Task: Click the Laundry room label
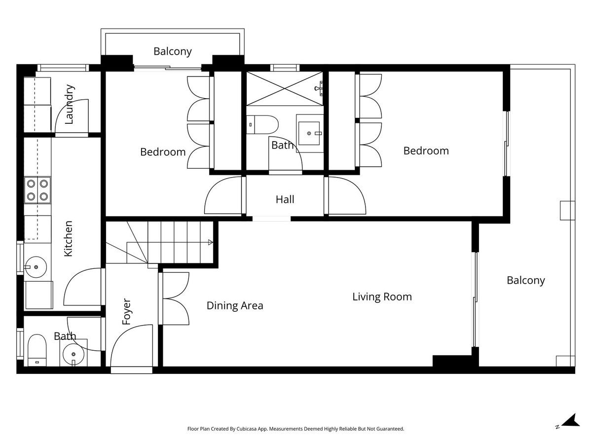(70, 104)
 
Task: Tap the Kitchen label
(68, 239)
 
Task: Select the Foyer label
(126, 311)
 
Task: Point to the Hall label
(285, 199)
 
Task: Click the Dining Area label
(235, 305)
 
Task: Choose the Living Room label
(382, 296)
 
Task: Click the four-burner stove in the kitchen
(37, 190)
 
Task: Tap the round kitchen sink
(36, 267)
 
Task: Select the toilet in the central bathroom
(262, 125)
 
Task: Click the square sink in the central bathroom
(309, 133)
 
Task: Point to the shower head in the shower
(319, 88)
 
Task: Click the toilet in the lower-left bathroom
(37, 350)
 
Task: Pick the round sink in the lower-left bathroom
(73, 354)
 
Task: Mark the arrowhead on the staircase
(210, 242)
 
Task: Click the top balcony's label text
(173, 51)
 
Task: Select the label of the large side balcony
(526, 280)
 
